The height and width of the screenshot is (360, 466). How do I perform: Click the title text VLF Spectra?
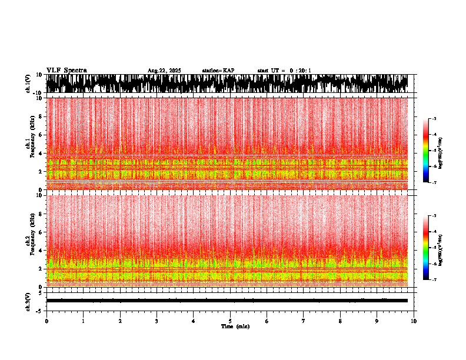(66, 70)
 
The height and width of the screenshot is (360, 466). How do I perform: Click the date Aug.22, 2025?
(164, 71)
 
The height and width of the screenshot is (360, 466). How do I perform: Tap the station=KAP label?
(218, 71)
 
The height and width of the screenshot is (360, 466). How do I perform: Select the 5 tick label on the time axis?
(230, 321)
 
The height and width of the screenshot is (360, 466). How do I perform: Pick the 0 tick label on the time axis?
(46, 321)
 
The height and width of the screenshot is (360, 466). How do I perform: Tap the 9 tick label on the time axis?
(377, 321)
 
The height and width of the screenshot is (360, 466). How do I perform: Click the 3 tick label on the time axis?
(157, 321)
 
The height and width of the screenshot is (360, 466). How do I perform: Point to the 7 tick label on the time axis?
(304, 321)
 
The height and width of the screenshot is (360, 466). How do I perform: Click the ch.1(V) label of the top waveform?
(28, 84)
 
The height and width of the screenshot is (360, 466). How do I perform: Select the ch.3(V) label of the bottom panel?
(28, 301)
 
